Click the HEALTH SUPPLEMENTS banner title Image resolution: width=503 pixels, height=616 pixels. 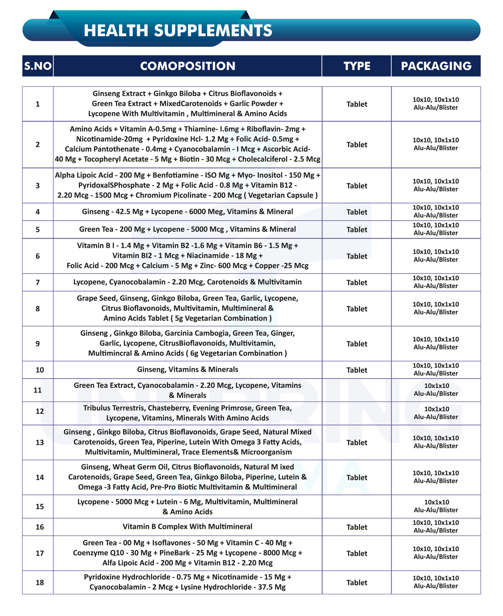tap(178, 31)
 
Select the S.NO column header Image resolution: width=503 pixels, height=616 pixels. tap(38, 66)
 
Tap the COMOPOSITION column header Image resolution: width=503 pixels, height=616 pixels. tap(188, 66)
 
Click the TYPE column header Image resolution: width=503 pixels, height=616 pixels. tap(357, 66)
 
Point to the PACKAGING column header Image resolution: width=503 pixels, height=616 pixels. tap(436, 66)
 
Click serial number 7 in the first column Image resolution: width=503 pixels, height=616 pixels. tap(38, 282)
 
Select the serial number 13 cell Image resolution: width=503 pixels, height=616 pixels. tap(40, 442)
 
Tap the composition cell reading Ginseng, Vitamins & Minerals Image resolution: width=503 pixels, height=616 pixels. tap(188, 370)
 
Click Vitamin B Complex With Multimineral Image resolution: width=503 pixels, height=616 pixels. tap(188, 526)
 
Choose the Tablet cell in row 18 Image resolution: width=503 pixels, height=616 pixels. tap(357, 582)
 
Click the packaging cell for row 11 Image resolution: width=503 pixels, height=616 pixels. tap(436, 390)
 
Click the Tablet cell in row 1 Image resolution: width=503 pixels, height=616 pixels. tap(357, 104)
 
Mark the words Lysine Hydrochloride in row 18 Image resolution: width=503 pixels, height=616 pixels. tap(216, 587)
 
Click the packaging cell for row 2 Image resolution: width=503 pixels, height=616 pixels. tap(436, 144)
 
